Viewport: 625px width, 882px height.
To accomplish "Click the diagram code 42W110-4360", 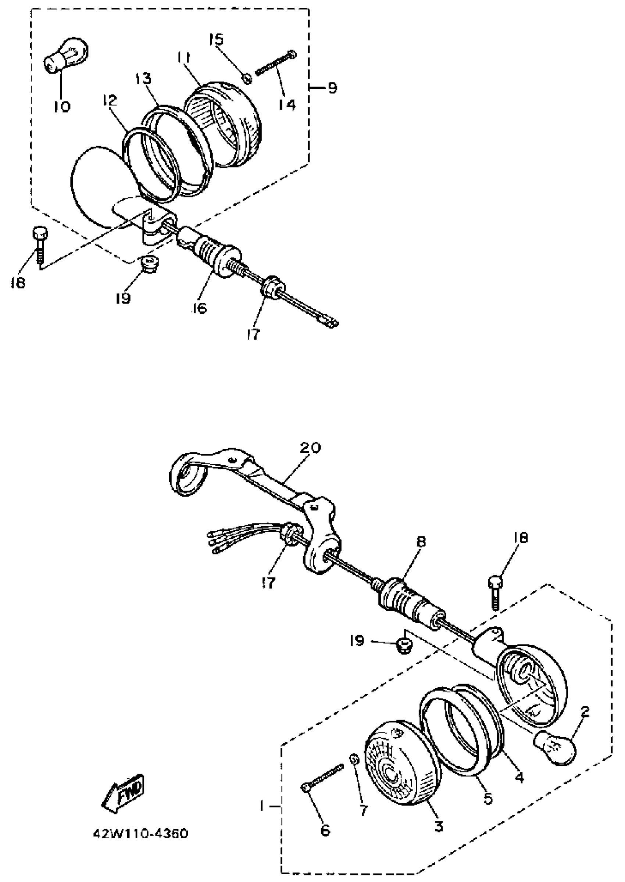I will click(140, 833).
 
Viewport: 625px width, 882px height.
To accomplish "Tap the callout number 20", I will click(311, 448).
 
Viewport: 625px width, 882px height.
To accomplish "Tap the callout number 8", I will click(421, 542).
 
